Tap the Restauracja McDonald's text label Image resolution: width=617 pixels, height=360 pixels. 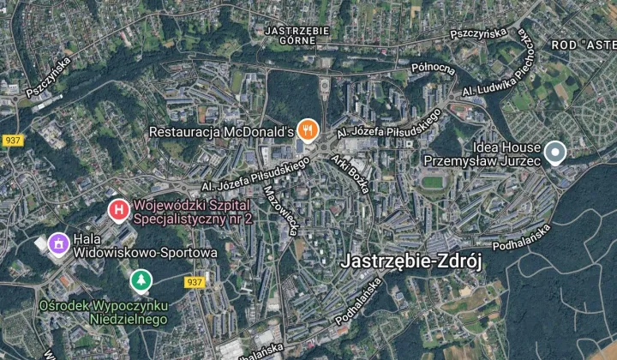221,132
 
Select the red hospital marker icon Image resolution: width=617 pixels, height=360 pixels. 118,208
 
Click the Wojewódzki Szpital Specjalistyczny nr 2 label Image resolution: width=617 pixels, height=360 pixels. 193,213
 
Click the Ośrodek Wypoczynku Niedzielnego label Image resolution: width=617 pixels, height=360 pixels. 103,312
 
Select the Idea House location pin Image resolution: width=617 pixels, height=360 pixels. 555,153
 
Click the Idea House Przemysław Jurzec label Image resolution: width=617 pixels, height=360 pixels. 482,153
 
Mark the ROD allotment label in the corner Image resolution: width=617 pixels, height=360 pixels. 584,44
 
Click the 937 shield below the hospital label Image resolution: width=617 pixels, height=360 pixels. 195,280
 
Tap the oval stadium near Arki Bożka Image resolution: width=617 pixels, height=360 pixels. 433,182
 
